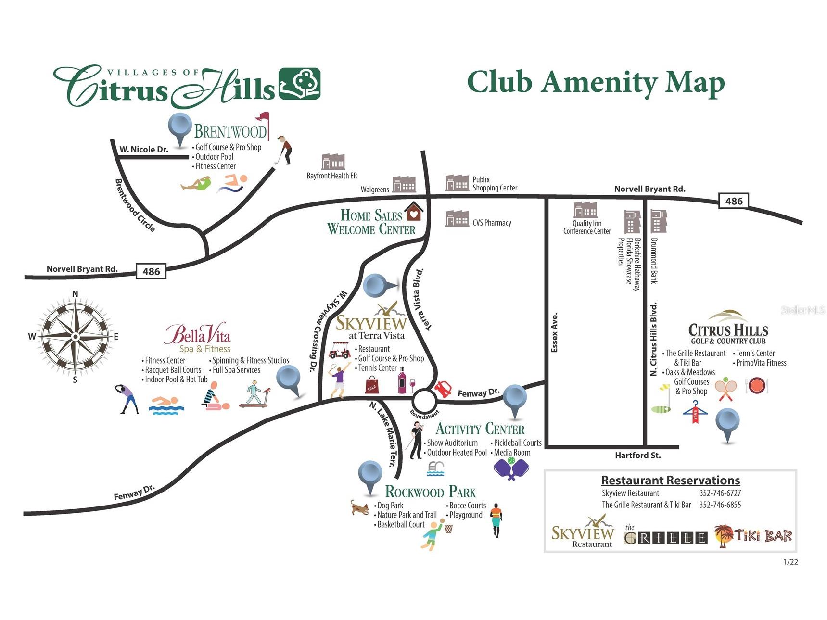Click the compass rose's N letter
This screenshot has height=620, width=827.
click(75, 294)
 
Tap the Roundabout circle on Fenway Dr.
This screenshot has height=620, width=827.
click(424, 400)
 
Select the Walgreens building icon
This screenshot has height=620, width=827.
click(404, 184)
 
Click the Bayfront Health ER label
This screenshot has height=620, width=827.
click(332, 176)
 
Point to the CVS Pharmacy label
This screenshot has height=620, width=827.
click(492, 223)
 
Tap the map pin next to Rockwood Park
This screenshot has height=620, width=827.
click(370, 478)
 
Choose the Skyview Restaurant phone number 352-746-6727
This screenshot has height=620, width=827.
click(720, 493)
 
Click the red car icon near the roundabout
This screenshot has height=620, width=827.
click(443, 388)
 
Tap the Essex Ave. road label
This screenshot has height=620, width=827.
click(555, 332)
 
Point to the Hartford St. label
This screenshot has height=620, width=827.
click(638, 455)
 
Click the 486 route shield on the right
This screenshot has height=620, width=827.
click(734, 201)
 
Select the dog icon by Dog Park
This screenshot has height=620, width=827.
click(360, 507)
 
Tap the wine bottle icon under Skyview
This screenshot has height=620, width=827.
click(402, 380)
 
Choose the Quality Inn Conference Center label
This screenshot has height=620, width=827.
click(587, 227)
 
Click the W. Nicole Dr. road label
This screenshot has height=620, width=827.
click(144, 149)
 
